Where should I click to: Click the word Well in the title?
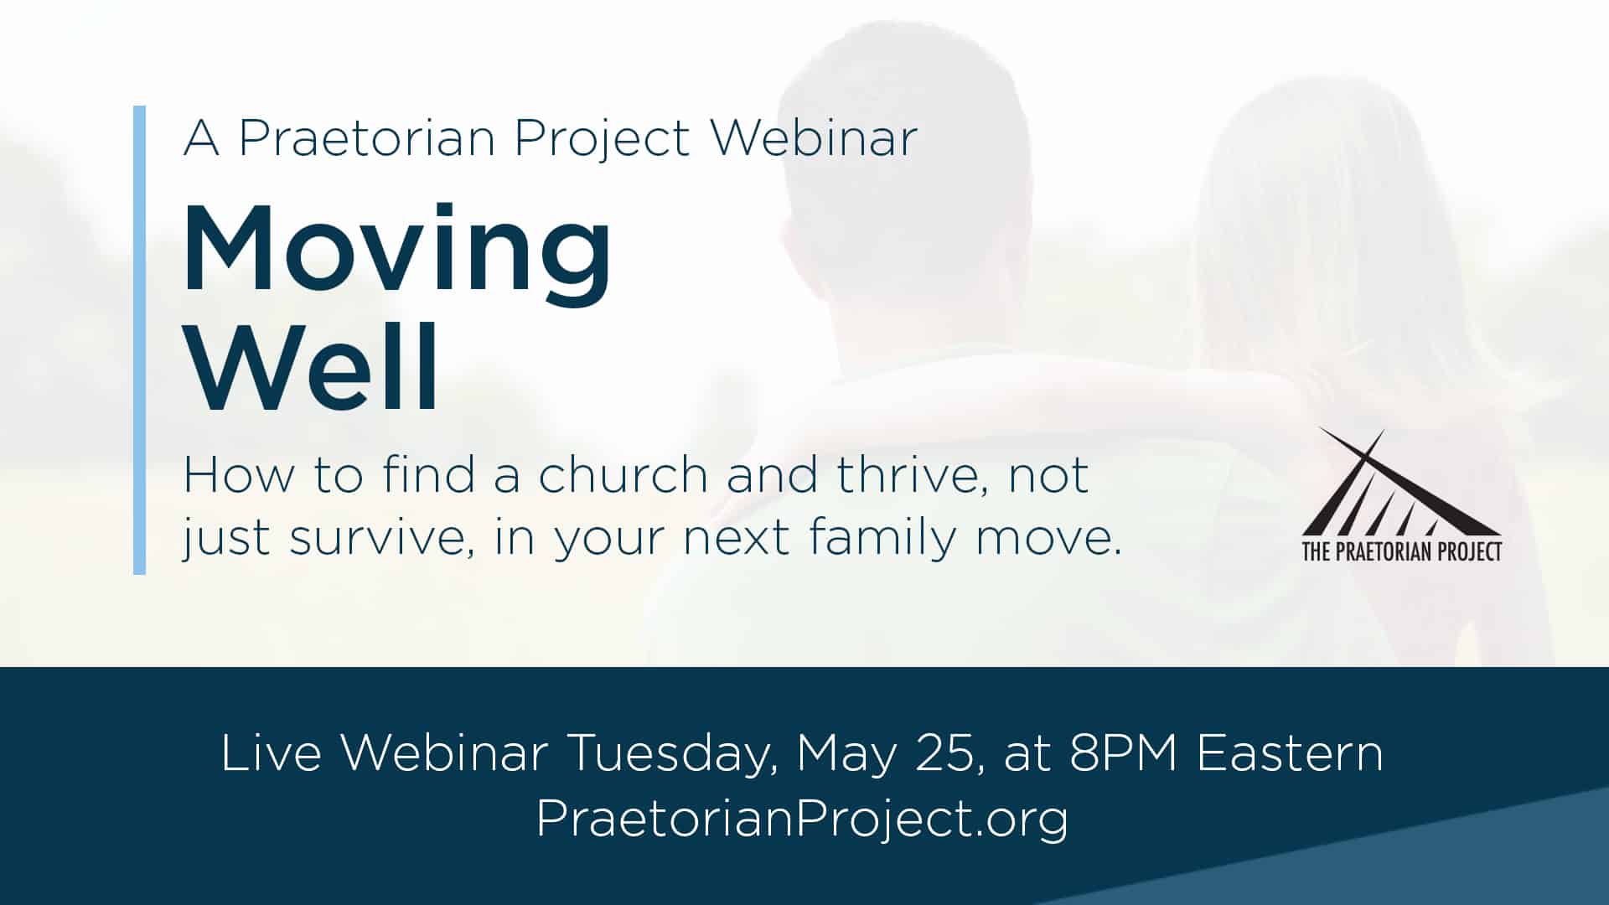point(312,369)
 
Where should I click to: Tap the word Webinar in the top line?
point(814,137)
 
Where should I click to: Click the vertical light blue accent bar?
point(139,339)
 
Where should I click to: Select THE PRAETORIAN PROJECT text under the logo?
point(1401,551)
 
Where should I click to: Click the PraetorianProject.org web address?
point(802,818)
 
